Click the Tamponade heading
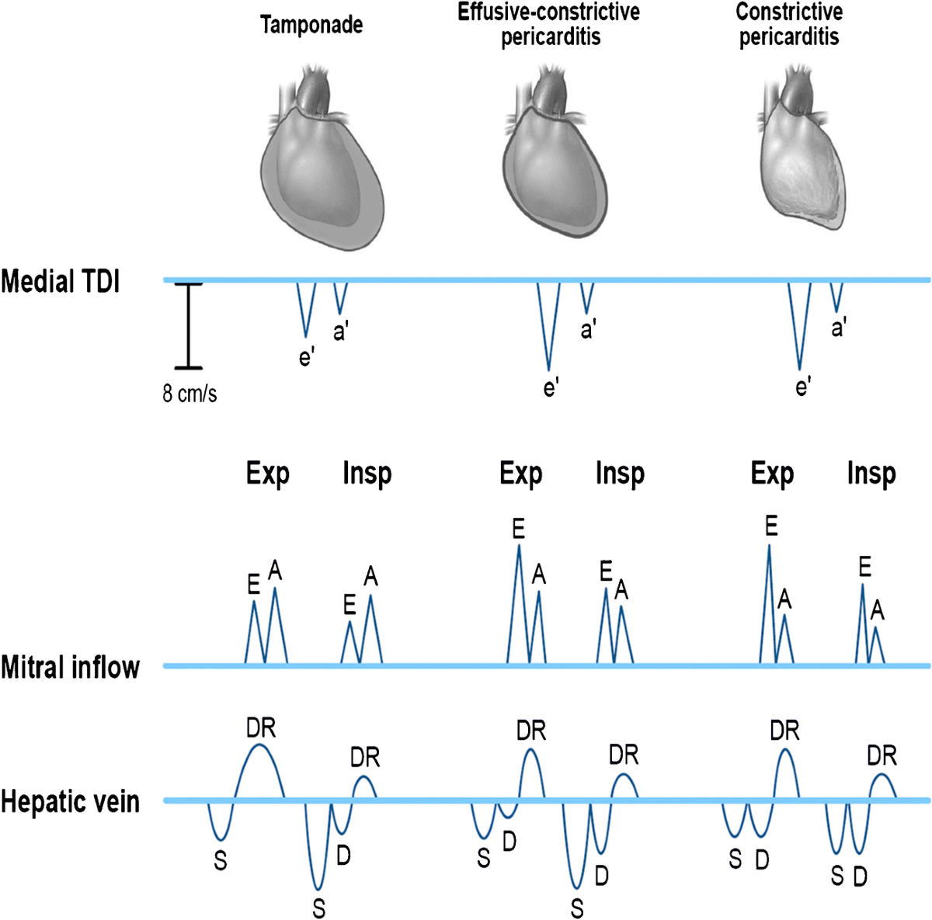point(311,25)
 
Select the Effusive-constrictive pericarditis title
point(549,24)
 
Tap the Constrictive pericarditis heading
point(789,24)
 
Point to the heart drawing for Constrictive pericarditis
point(802,159)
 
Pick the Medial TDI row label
point(61,281)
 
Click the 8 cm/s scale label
point(190,394)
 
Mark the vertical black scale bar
point(188,325)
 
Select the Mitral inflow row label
point(71,667)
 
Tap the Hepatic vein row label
point(71,801)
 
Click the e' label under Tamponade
point(307,358)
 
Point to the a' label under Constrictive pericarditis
point(839,328)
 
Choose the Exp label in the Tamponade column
point(268,474)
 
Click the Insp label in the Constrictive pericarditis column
point(871,474)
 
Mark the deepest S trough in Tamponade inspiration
point(317,885)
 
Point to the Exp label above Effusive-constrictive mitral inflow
point(521,474)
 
